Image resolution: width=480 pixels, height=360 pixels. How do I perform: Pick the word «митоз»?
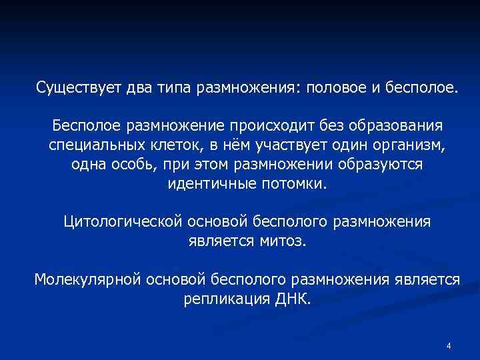(281, 241)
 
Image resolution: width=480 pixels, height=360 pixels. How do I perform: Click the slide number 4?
(449, 346)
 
